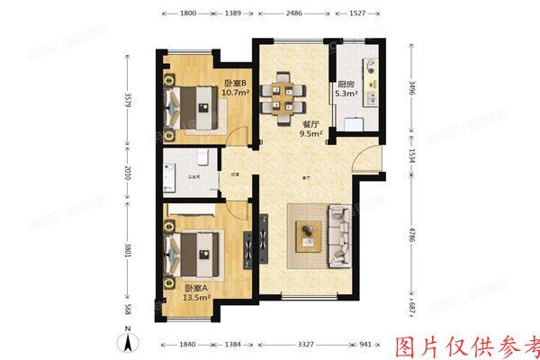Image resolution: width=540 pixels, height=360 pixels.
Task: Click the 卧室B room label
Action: click(235, 84)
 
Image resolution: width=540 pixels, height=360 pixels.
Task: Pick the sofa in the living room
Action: click(339, 236)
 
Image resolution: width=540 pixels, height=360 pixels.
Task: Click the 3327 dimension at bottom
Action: click(299, 346)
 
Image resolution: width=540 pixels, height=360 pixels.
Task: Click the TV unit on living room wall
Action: click(264, 238)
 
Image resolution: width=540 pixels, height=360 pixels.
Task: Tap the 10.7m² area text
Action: click(235, 93)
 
